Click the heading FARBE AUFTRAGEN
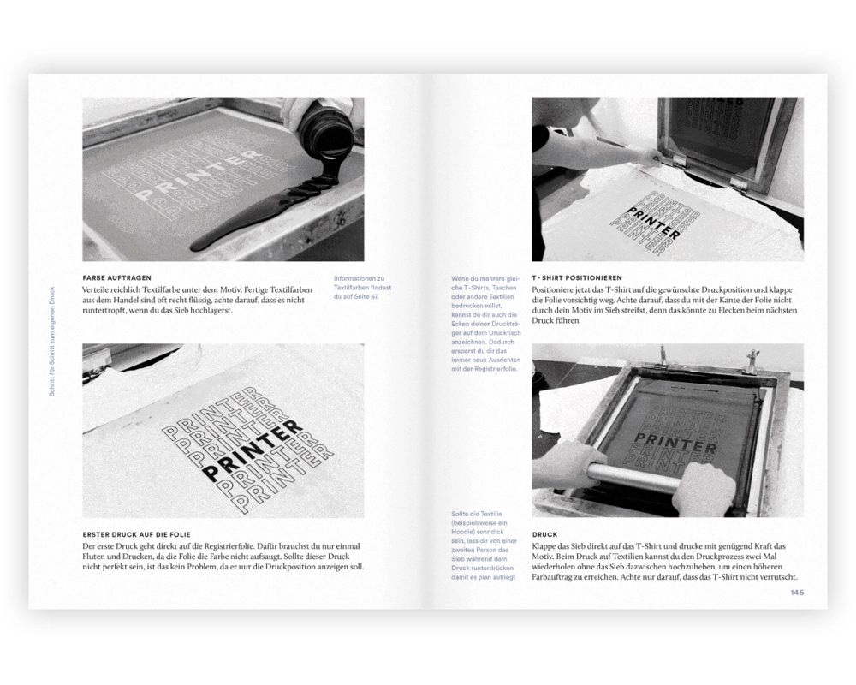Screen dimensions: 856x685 116,277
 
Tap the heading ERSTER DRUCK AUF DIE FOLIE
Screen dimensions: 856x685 136,534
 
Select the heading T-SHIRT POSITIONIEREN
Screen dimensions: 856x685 577,277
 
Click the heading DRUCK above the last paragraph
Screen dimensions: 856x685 544,534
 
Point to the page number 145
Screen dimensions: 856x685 797,593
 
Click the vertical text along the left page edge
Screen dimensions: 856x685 52,341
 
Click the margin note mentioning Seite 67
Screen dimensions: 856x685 362,288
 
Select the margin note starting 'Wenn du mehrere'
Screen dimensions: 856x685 486,324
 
